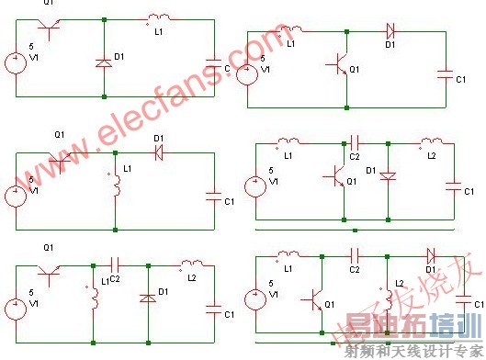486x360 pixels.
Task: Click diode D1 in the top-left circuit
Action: pos(104,62)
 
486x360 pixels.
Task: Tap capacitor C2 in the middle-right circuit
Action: pos(356,143)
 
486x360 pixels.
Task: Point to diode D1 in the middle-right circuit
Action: pos(389,174)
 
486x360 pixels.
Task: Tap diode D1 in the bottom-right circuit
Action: pos(431,258)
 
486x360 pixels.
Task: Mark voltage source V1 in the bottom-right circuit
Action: pos(249,299)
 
